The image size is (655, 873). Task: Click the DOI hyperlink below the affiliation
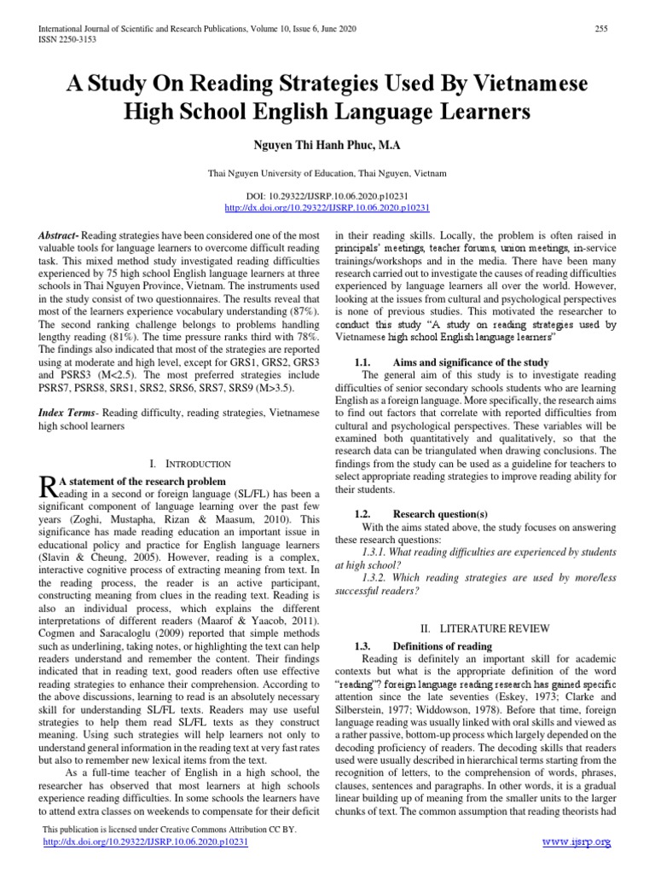click(x=327, y=207)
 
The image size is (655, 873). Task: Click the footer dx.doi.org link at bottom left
click(x=144, y=841)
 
